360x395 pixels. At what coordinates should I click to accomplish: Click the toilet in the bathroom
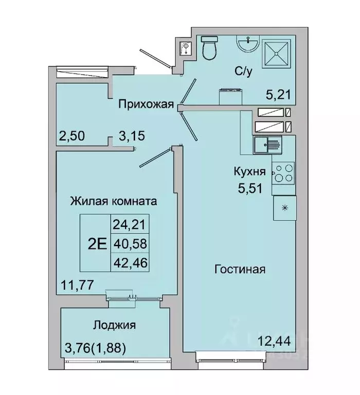[209, 49]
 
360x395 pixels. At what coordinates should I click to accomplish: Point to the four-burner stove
[283, 173]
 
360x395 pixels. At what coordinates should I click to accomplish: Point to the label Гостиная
[240, 269]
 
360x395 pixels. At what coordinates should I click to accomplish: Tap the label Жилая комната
[114, 201]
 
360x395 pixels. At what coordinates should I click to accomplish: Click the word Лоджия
[114, 325]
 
